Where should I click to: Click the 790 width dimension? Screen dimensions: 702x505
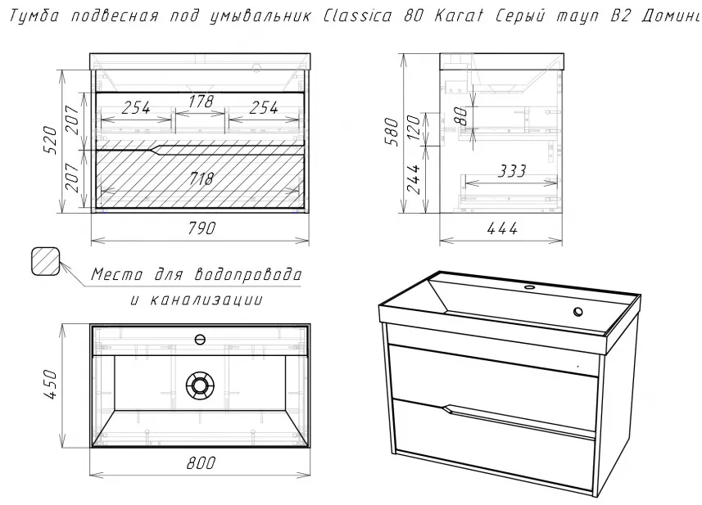pos(201,228)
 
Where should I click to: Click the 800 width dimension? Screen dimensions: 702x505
pos(201,462)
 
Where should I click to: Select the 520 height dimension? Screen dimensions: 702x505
pos(50,141)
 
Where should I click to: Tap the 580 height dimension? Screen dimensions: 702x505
pos(392,132)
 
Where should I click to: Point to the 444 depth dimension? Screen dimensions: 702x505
pos(502,228)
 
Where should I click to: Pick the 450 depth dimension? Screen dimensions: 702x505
pos(50,384)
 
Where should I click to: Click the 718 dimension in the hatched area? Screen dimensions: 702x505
pos(201,178)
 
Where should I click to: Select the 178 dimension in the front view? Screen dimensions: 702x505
pos(200,101)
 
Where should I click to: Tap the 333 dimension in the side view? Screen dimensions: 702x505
pos(512,170)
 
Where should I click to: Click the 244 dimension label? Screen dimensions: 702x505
pos(414,178)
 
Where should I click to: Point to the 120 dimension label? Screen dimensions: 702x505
pos(414,127)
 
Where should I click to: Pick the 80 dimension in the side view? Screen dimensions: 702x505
pos(461,115)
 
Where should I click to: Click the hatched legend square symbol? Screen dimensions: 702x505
pos(46,261)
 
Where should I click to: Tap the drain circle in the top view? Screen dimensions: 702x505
pos(200,385)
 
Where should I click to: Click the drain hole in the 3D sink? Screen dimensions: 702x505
pos(578,312)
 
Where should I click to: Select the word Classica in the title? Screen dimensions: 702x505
pos(357,16)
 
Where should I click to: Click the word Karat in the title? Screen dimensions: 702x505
pos(459,16)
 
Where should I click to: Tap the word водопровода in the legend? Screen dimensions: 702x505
pos(248,274)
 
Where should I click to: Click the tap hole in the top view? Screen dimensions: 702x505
pos(200,340)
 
